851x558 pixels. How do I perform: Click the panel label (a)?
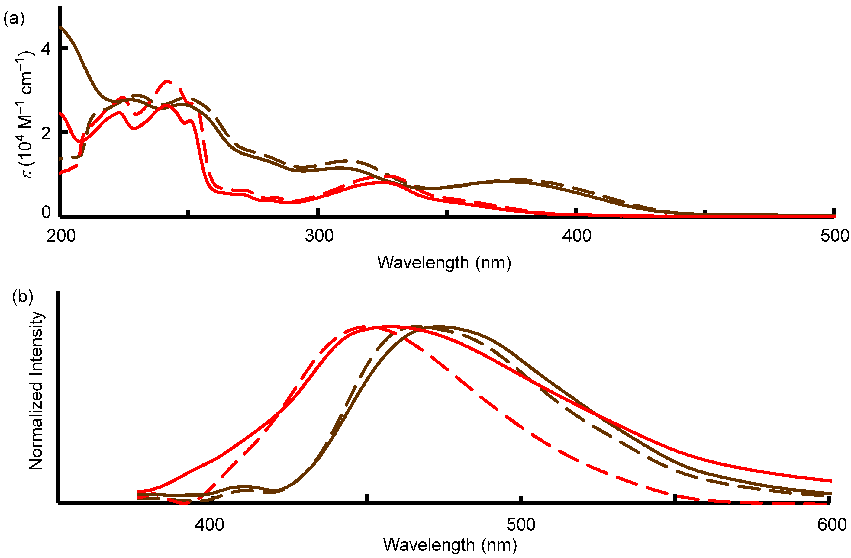pos(14,19)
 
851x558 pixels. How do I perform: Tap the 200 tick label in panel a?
pos(61,236)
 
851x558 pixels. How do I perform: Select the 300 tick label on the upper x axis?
pos(319,236)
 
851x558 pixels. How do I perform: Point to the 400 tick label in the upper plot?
pos(577,236)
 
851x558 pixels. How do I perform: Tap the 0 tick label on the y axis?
pos(46,212)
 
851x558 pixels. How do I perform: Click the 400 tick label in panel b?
pos(210,524)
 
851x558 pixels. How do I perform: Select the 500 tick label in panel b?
pos(521,524)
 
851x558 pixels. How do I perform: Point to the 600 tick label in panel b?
pos(832,524)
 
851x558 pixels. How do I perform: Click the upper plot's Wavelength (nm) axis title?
pos(444,263)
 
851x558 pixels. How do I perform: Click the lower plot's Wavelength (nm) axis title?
pos(450,545)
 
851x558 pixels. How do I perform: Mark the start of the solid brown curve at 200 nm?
pos(60,27)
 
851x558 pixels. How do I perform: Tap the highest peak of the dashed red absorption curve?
pos(167,82)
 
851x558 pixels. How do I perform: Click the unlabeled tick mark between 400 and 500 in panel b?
pos(367,498)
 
